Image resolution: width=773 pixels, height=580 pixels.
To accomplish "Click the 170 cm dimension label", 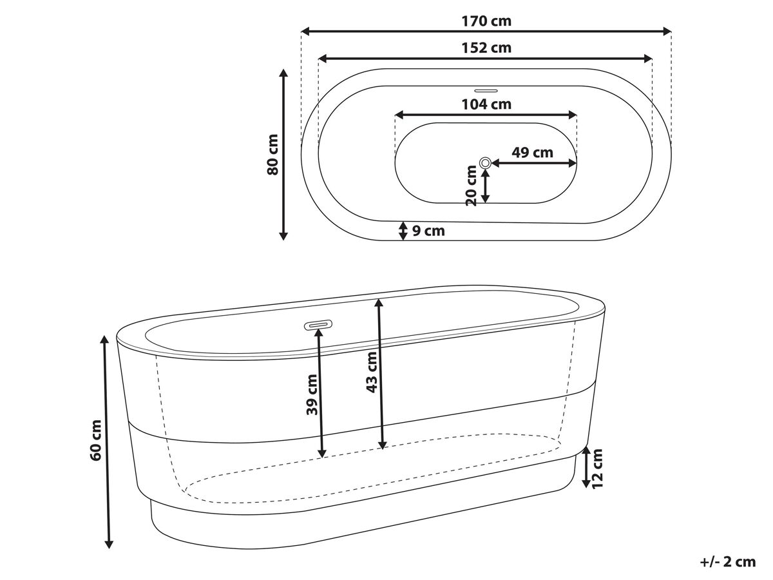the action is (486, 21).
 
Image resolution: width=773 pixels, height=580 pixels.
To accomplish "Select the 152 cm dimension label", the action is (486, 48).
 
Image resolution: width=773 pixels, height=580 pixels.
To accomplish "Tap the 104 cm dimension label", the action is (486, 104).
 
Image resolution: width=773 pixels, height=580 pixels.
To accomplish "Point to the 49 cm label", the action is (533, 153).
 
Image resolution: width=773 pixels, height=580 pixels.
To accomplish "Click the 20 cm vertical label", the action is (471, 186).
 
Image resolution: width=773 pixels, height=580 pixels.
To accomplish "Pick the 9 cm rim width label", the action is (428, 231).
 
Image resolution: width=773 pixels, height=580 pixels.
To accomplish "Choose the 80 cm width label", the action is (273, 155).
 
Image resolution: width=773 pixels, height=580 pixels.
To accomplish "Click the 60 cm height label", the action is (95, 440).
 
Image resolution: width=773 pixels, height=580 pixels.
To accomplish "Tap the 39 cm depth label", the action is (312, 395).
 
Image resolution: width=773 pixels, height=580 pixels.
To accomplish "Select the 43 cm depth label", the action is (372, 372).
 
